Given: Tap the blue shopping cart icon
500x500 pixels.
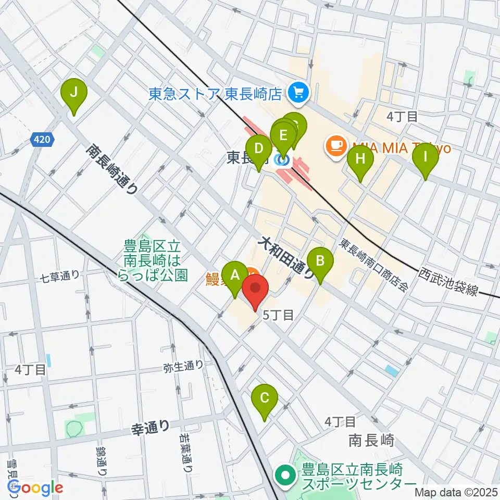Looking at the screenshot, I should tap(299, 93).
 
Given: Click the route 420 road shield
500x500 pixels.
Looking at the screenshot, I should tap(41, 139).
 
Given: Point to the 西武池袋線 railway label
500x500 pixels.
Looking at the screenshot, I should tap(448, 282).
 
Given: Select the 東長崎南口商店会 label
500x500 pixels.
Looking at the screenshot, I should tap(373, 265).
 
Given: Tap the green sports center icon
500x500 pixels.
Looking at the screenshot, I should tap(285, 475).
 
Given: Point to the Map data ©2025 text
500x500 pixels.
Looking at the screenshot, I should tap(456, 492).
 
